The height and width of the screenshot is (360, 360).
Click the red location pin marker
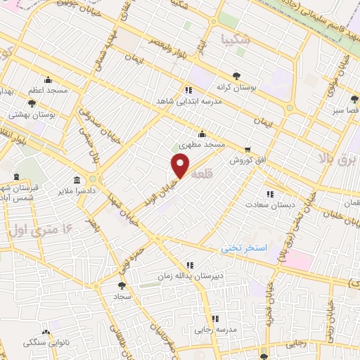pyautogui.click(x=181, y=165)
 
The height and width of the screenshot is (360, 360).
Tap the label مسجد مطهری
pyautogui.click(x=202, y=144)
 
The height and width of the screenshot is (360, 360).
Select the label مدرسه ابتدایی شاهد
pyautogui.click(x=188, y=101)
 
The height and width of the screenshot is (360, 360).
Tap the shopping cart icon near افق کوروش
pyautogui.click(x=247, y=149)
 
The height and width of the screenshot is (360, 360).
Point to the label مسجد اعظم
pyautogui.click(x=47, y=91)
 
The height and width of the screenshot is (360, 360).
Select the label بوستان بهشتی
pyautogui.click(x=27, y=112)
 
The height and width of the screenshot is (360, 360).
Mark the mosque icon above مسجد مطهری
pyautogui.click(x=202, y=134)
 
